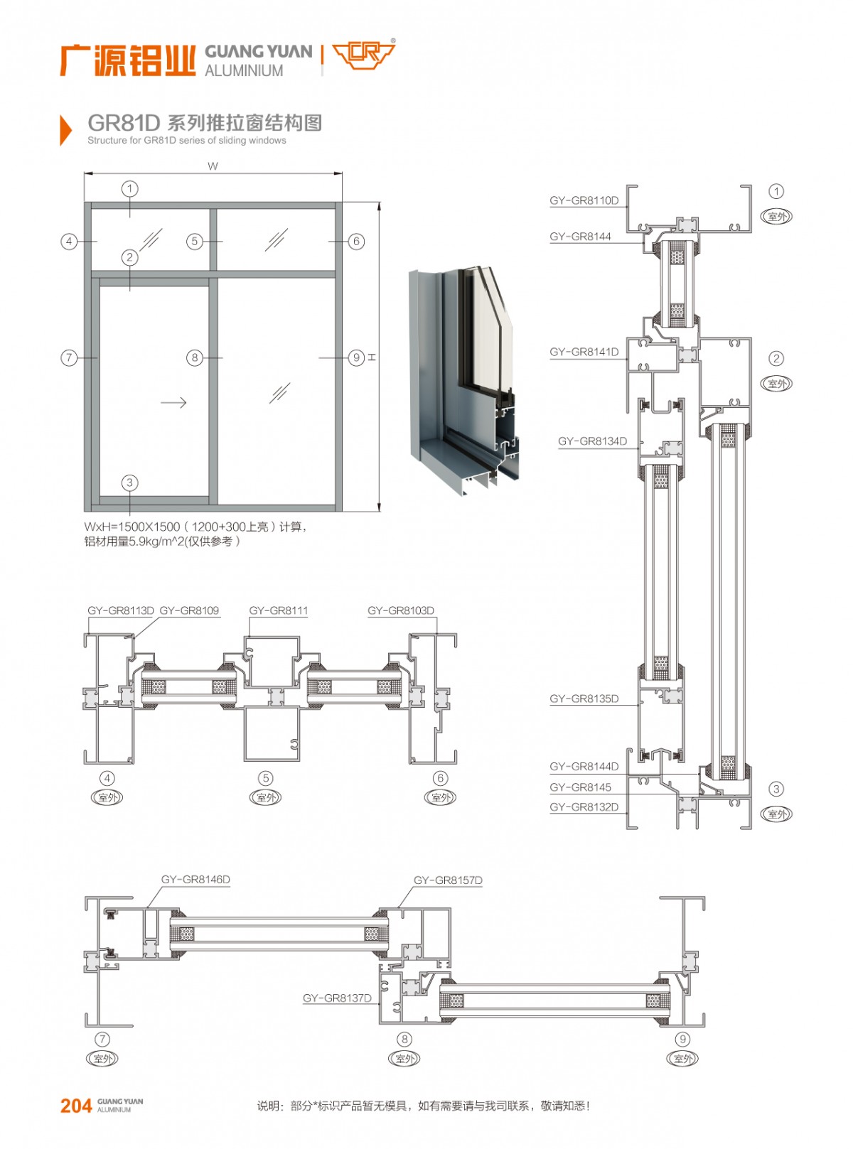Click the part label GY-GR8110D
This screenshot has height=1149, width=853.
point(584,200)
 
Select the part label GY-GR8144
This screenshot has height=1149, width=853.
point(580,237)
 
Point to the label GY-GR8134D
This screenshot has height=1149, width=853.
point(592,441)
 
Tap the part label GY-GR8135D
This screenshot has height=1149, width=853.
point(584,698)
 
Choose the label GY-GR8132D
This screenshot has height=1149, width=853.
point(584,807)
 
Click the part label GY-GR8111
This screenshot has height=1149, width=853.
point(278,610)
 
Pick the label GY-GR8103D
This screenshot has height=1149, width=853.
point(400,610)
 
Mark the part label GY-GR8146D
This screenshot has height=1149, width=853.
point(195,880)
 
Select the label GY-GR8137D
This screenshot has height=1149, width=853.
point(337,998)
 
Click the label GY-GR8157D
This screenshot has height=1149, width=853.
point(448,880)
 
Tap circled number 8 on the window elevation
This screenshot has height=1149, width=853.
point(195,357)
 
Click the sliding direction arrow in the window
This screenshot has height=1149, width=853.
point(173,402)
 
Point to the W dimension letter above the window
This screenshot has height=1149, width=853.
point(213,166)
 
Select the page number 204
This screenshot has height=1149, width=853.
point(76,1106)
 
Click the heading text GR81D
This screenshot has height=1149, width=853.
point(124,123)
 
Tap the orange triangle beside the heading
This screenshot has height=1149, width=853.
point(65,130)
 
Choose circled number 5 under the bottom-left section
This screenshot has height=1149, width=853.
point(266,778)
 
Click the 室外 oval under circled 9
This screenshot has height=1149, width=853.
point(682,1059)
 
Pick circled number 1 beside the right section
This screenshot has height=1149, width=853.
point(776,191)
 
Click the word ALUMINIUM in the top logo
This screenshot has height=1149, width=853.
point(244,71)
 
